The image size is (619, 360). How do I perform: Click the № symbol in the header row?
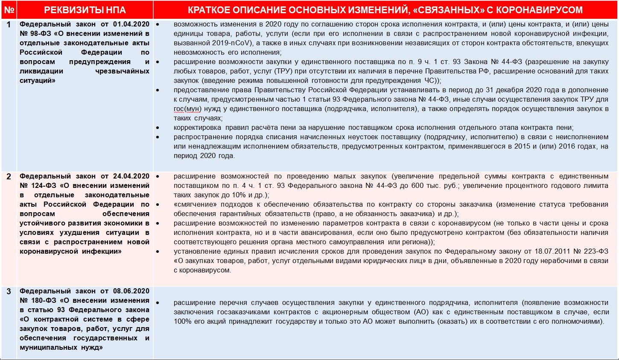pyautogui.click(x=9, y=10)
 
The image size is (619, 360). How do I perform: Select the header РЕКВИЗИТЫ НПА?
pyautogui.click(x=85, y=10)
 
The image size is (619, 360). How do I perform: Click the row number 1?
pyautogui.click(x=9, y=24)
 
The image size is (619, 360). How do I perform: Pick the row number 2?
pyautogui.click(x=9, y=176)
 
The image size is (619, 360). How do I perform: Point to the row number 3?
pyautogui.click(x=9, y=291)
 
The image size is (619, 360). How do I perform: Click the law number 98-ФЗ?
pyautogui.click(x=40, y=34)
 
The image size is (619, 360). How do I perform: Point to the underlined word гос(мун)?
pyautogui.click(x=187, y=109)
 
